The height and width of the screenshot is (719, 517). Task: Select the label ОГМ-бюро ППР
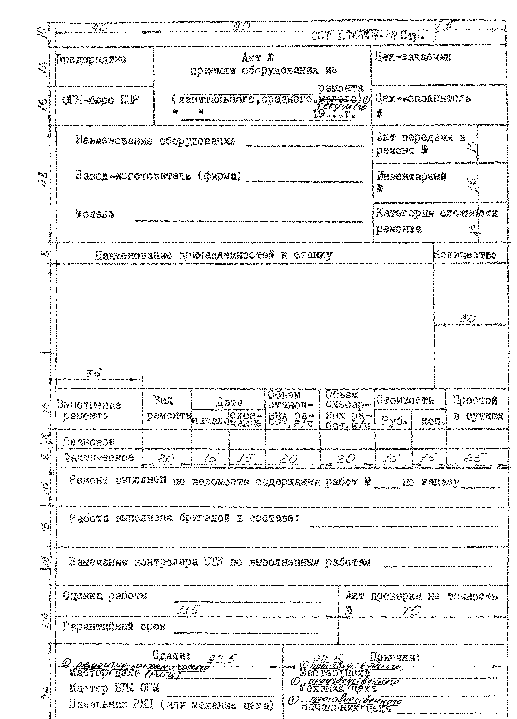[100, 100]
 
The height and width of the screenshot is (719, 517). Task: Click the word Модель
[95, 214]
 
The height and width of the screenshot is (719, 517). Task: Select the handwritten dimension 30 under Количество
[468, 319]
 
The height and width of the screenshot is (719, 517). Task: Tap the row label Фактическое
[98, 457]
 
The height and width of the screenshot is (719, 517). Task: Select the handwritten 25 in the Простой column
[475, 458]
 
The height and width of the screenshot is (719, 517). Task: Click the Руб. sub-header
[393, 421]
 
